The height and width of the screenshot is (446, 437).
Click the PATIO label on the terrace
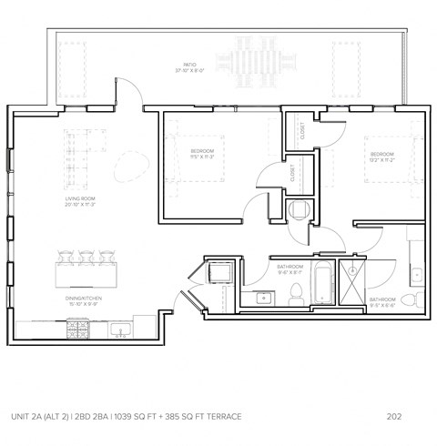pyautogui.click(x=188, y=65)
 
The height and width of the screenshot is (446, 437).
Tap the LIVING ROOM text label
pyautogui.click(x=81, y=198)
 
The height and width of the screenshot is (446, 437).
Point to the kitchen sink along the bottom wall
pyautogui.click(x=121, y=329)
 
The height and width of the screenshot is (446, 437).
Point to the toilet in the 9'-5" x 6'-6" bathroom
pyautogui.click(x=409, y=298)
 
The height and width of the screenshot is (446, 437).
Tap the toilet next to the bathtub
pyautogui.click(x=296, y=293)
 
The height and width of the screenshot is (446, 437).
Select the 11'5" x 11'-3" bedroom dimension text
pyautogui.click(x=202, y=157)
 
